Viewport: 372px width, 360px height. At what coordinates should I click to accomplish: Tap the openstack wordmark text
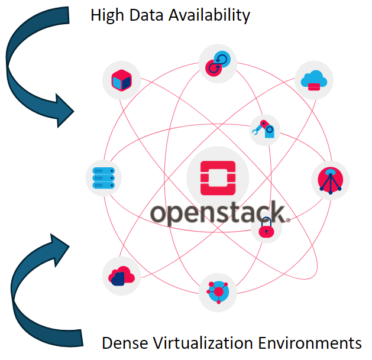coord(217,214)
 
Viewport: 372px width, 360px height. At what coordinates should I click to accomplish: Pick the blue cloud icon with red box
coord(313,80)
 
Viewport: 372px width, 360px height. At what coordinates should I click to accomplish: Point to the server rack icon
coord(104,177)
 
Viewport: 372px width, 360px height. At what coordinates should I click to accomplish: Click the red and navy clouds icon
coord(121,275)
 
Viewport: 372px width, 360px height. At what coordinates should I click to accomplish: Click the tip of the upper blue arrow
coord(74,111)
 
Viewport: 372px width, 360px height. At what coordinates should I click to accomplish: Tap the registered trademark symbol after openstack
coord(288,219)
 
